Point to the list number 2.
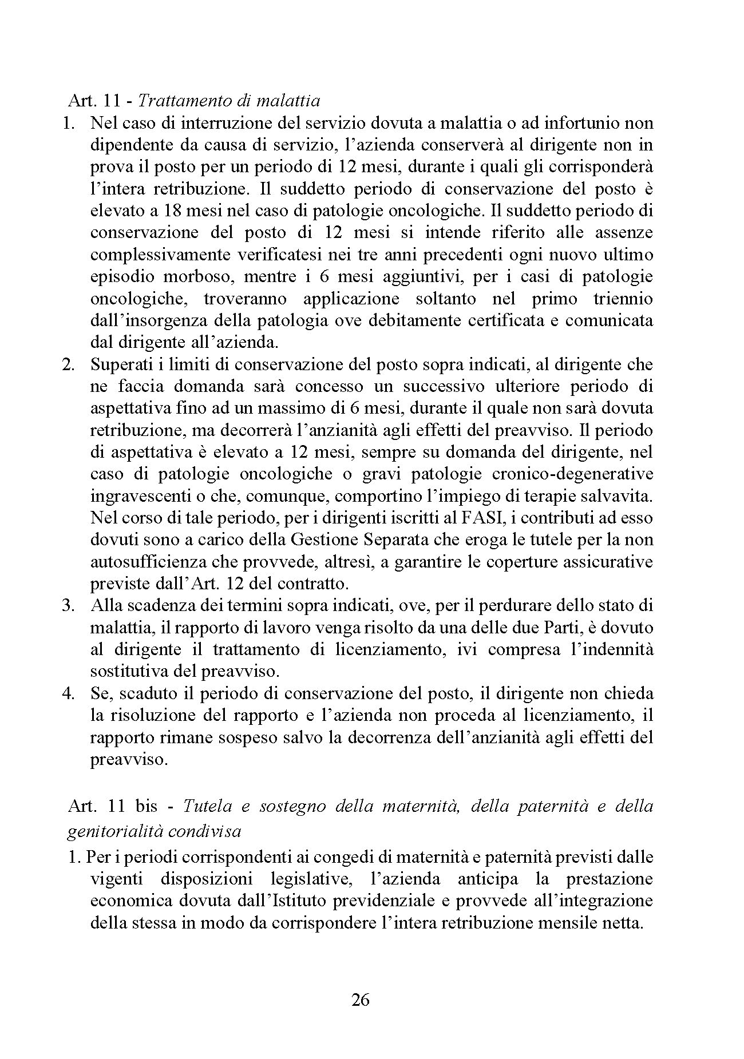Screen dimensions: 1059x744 click(69, 364)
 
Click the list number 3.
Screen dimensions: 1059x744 click(69, 605)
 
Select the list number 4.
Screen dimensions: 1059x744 click(69, 693)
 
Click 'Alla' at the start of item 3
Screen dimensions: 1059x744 click(104, 605)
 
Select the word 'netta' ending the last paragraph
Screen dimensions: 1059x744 click(620, 922)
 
